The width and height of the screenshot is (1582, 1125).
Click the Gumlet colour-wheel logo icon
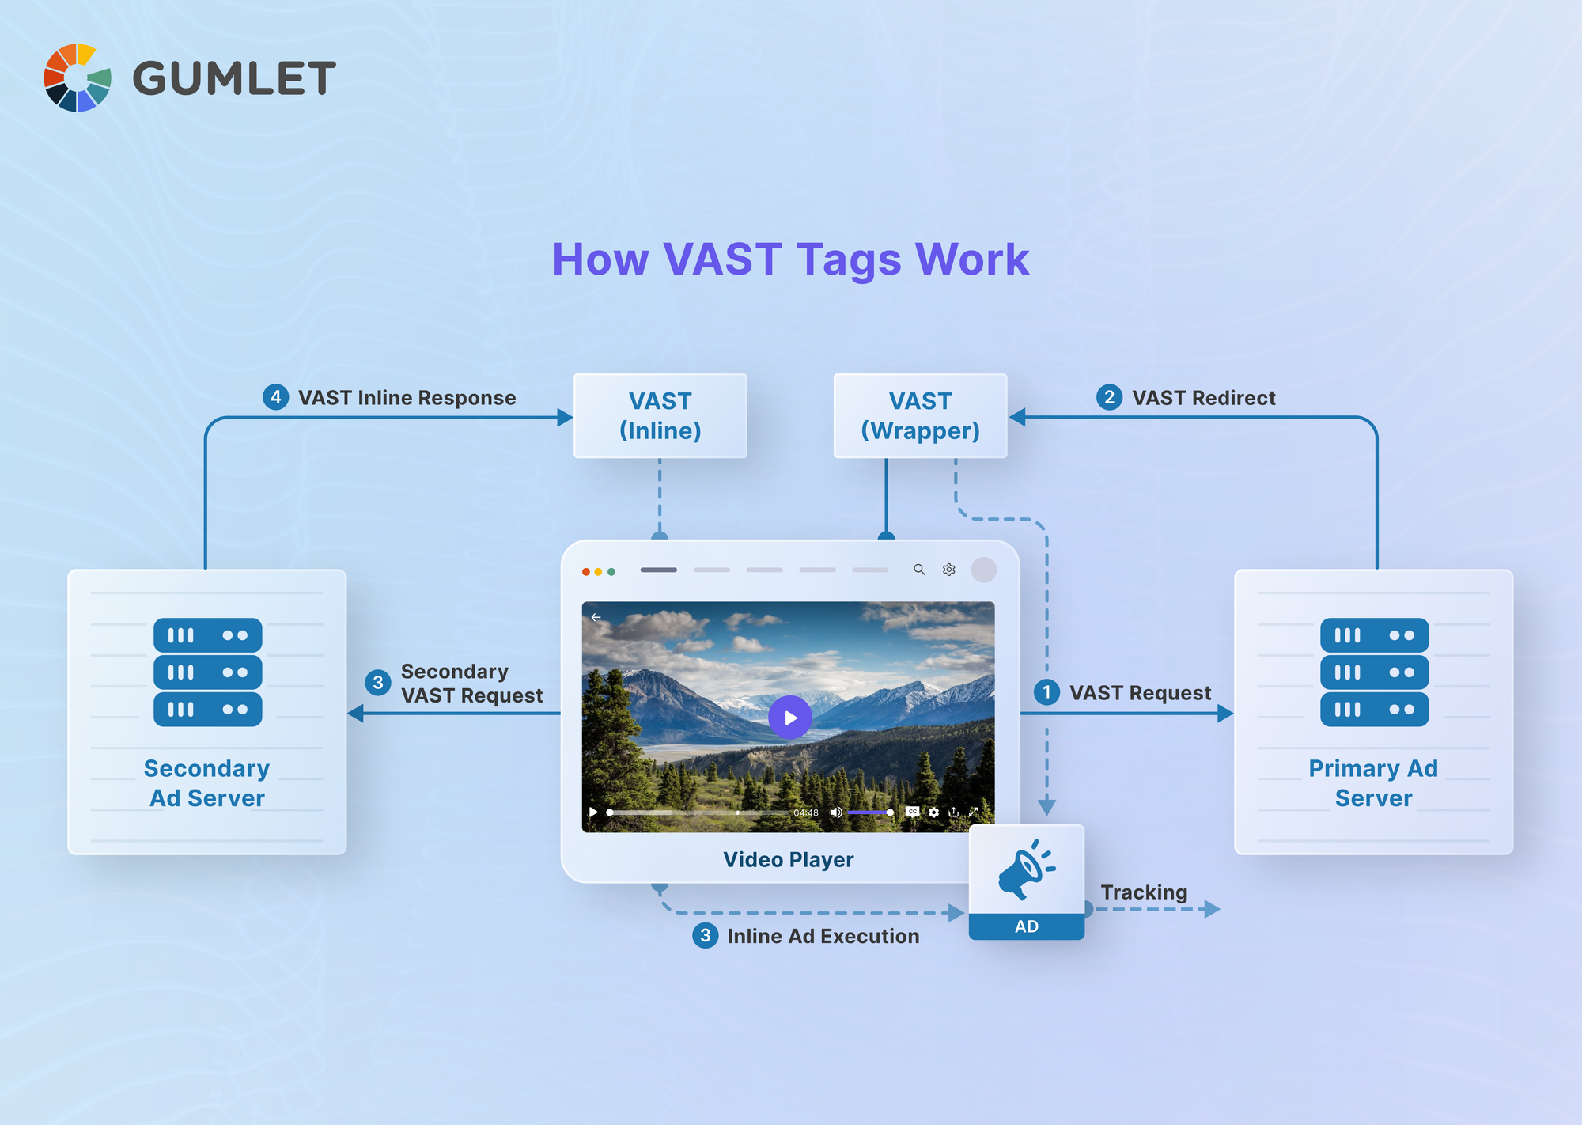coord(77,78)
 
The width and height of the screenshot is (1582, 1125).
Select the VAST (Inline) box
coord(660,416)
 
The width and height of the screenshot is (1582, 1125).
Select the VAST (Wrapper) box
coord(920,416)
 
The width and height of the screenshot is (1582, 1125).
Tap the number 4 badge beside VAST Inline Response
coord(275,397)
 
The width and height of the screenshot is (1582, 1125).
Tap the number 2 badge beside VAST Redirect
coord(1109,397)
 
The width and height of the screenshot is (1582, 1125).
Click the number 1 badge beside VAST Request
coord(1046,692)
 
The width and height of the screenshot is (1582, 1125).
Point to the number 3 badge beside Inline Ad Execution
coord(705,936)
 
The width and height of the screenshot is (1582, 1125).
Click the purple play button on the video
coord(789,718)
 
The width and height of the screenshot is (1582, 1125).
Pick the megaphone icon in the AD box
coord(1025,870)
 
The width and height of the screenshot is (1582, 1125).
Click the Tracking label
coord(1144,892)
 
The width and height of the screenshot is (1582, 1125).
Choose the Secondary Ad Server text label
coord(207,783)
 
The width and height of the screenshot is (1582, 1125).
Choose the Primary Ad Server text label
coord(1373,783)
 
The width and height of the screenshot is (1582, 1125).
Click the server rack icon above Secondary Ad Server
coord(207,672)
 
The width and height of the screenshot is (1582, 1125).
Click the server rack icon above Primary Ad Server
coord(1374,672)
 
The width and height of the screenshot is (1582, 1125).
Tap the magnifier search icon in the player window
coord(919,570)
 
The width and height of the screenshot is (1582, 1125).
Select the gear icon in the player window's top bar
coord(949,570)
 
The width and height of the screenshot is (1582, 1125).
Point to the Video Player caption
coord(788,860)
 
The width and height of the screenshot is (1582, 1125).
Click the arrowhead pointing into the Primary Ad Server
coord(1225,714)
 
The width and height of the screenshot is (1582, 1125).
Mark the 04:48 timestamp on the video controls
coord(806,812)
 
